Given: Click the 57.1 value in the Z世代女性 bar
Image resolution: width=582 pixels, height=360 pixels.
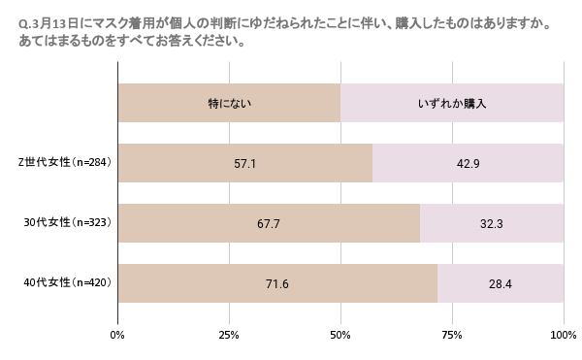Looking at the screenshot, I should click(244, 163).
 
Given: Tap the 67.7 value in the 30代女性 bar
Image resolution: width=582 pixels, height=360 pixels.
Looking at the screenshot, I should click(268, 223).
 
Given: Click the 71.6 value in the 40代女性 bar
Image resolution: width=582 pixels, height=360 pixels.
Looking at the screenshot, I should click(276, 283).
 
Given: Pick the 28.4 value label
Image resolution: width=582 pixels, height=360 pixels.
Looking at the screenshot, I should click(501, 283).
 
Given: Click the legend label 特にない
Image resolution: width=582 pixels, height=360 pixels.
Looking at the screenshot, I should click(230, 103).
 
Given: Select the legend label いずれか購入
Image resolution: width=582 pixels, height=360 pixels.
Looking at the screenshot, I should click(451, 103).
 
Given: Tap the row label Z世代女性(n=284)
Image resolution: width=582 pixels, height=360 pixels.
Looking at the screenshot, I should click(68, 163).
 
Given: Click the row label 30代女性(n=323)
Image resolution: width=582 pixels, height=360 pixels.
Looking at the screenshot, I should click(68, 223).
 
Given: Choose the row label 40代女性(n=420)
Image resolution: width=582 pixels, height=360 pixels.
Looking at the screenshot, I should click(68, 283).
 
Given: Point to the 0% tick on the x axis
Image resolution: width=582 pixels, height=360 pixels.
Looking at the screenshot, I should click(117, 335).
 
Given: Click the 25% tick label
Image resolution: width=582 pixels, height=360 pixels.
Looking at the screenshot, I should click(229, 335).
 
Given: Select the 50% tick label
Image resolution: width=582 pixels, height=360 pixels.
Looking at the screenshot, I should click(340, 335).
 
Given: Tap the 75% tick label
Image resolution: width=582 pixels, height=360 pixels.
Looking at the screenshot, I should click(452, 335).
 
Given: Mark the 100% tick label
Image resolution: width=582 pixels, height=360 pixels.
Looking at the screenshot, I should click(563, 335).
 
